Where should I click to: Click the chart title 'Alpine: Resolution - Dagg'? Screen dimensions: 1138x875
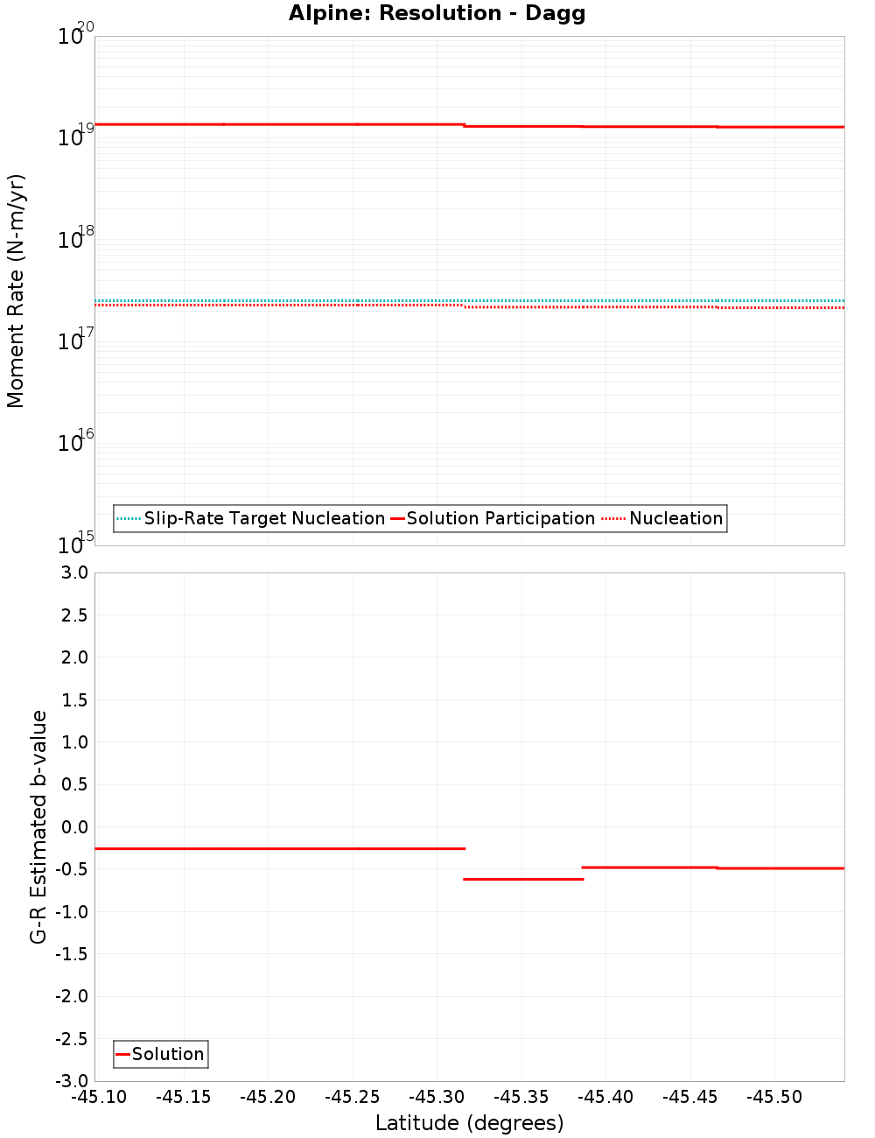pos(437,13)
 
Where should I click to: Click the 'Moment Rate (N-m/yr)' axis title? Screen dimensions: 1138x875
pos(16,291)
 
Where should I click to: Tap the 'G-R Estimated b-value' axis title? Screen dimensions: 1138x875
pos(38,826)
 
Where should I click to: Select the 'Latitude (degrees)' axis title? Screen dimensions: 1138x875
pos(469,1123)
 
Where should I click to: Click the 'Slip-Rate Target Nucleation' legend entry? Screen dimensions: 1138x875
pos(264,518)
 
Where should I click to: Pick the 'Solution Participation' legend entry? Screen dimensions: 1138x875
pos(500,518)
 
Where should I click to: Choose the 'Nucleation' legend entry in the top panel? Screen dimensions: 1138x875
pos(675,518)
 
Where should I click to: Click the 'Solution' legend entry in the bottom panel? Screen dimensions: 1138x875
pos(168,1054)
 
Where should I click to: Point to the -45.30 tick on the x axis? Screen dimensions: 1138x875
pos(437,1097)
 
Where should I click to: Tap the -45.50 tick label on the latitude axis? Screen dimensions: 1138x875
pos(774,1097)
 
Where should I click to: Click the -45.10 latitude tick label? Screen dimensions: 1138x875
pos(98,1097)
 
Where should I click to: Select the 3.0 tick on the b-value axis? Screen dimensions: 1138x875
pos(73,573)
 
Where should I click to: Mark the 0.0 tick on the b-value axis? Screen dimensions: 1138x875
pos(73,827)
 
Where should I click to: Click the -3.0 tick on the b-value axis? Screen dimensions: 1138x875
pos(71,1081)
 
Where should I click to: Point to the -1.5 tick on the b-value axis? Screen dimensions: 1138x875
pos(71,954)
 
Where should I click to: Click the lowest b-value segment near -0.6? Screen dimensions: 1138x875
pos(522,879)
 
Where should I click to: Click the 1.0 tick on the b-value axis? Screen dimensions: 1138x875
pos(73,742)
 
